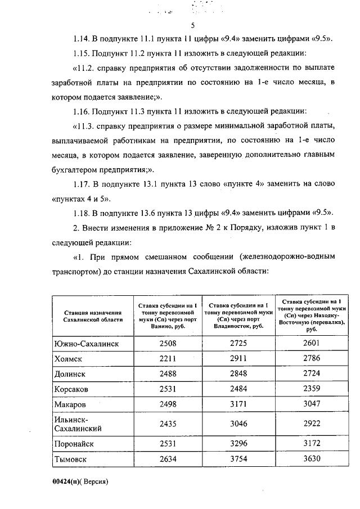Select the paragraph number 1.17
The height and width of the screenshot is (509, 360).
point(83,185)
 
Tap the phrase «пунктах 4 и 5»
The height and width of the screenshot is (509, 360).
point(80,199)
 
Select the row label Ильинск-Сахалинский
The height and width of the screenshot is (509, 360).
point(77,424)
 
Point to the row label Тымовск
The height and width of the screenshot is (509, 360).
point(72,459)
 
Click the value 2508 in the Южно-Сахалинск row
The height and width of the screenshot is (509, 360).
point(166,344)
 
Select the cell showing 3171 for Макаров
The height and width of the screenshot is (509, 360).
point(239,404)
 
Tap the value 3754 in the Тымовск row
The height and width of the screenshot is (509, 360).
point(239,459)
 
